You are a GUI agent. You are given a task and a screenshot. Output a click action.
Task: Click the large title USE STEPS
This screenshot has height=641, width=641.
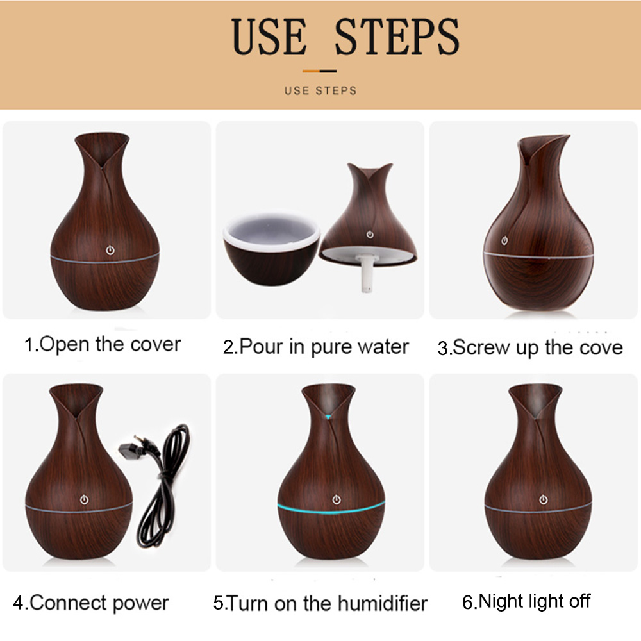click(x=345, y=37)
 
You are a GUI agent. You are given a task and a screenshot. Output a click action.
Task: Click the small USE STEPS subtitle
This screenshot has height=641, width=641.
click(x=320, y=90)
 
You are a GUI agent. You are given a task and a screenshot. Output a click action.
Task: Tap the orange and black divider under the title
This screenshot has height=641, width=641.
click(x=320, y=71)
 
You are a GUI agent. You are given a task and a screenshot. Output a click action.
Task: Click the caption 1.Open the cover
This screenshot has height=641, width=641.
click(x=102, y=345)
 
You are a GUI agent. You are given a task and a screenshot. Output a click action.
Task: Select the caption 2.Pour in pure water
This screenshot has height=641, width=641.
click(x=315, y=347)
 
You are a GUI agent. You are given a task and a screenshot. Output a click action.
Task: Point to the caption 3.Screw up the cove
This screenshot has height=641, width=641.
click(x=530, y=348)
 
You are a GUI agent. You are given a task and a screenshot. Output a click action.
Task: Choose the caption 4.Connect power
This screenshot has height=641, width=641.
click(x=91, y=603)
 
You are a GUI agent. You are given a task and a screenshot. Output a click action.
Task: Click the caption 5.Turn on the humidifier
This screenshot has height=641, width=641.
click(x=320, y=603)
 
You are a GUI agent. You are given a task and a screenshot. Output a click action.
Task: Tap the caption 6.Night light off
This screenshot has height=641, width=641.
click(x=526, y=601)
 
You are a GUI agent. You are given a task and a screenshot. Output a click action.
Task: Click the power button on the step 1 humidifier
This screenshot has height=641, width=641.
click(x=110, y=250)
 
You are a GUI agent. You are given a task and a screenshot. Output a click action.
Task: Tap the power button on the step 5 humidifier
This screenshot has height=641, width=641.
click(x=337, y=499)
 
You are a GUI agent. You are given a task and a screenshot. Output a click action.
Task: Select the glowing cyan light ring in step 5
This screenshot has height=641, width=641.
click(x=331, y=510)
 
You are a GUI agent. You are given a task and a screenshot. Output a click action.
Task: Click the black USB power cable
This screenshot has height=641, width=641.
click(x=162, y=487)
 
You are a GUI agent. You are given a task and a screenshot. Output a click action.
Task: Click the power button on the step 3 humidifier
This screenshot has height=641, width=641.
click(x=504, y=240)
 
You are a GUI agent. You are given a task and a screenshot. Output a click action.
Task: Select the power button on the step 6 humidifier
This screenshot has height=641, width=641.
click(x=544, y=499)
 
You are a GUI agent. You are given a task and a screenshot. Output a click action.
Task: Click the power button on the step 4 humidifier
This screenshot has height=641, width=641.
click(x=84, y=499)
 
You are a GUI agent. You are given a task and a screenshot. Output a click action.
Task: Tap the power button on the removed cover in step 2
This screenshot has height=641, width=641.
click(x=370, y=234)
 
